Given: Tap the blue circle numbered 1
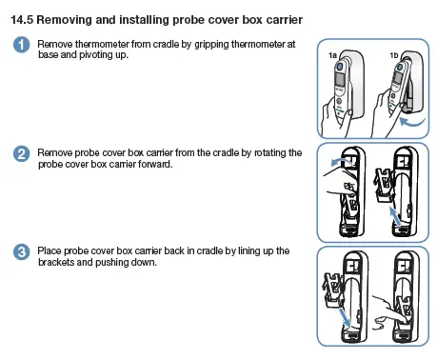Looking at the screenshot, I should [x=20, y=47].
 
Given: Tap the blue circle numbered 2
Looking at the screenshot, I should [x=20, y=154].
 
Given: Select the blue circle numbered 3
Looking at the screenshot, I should [x=20, y=252].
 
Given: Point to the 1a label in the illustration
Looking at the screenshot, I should [x=332, y=56].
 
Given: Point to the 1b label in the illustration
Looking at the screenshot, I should [x=394, y=56].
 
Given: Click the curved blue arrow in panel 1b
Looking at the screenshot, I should [x=411, y=121].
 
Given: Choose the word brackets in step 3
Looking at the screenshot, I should [x=57, y=262].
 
